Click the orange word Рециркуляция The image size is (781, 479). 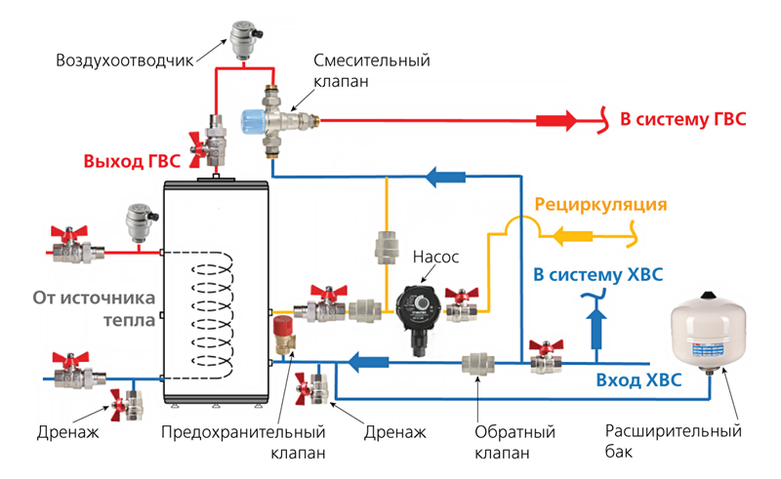[600, 205]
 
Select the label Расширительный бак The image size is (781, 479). [674, 442]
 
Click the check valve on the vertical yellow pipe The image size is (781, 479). [384, 249]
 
